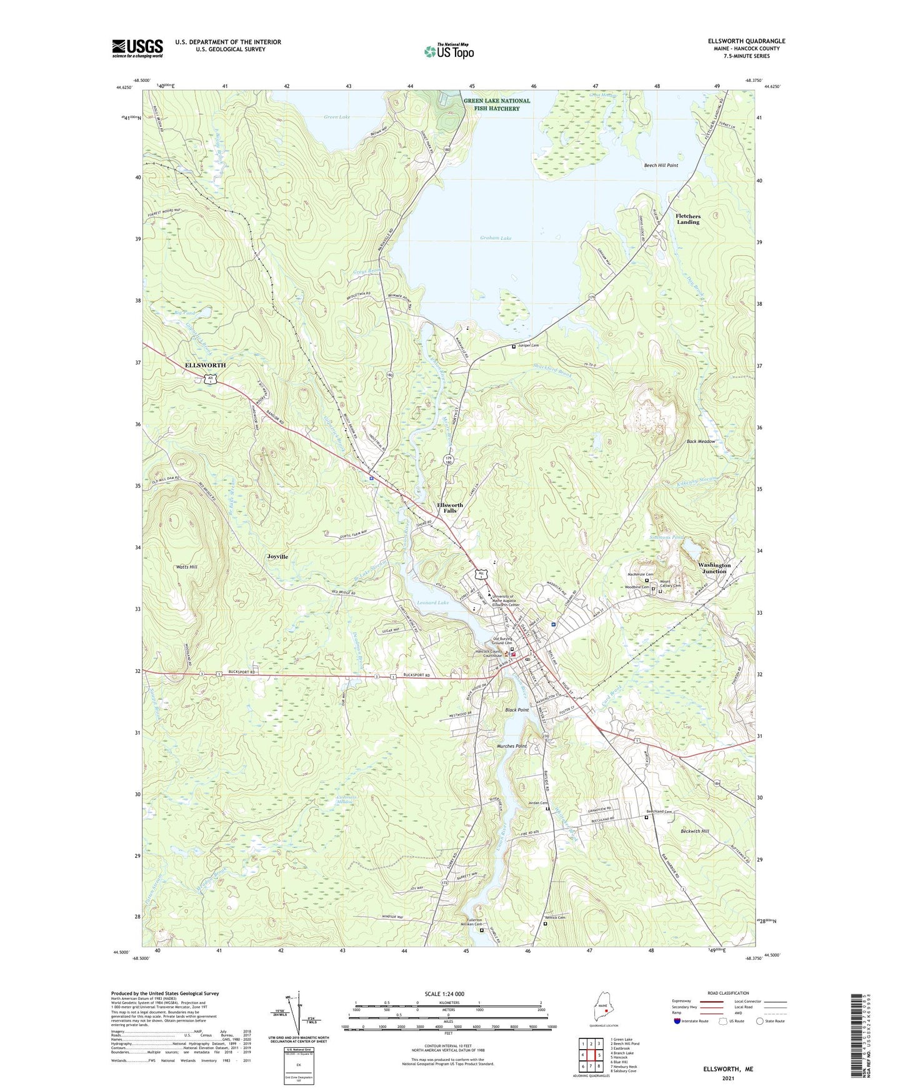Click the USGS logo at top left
click(x=137, y=47)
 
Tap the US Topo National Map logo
click(x=448, y=51)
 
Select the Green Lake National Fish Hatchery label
click(x=497, y=104)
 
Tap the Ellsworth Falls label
click(x=450, y=507)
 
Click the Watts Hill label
click(x=186, y=567)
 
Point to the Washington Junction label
click(x=714, y=568)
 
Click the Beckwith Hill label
click(x=695, y=831)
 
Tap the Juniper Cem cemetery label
click(x=528, y=346)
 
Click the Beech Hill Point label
click(x=661, y=166)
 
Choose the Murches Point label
click(x=512, y=747)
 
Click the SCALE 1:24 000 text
click(x=444, y=994)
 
